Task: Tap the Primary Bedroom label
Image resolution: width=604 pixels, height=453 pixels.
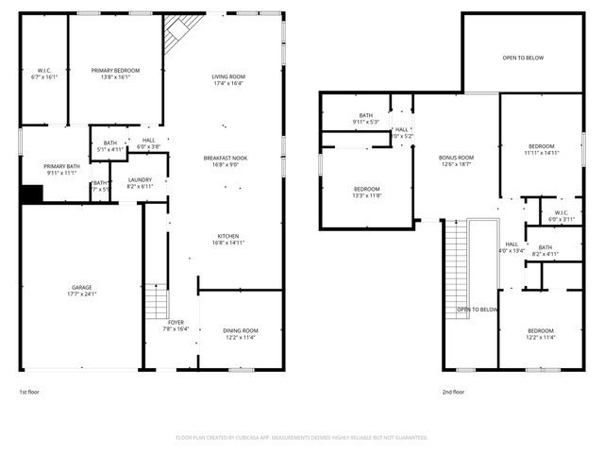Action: click(x=115, y=75)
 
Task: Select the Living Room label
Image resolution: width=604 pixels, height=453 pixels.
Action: click(x=227, y=80)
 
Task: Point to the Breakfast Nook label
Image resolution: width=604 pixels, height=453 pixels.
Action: click(x=226, y=161)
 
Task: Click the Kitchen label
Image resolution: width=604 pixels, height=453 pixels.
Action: click(x=227, y=239)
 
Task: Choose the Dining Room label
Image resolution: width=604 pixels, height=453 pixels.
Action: click(x=241, y=333)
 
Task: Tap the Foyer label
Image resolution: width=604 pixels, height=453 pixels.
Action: click(x=176, y=326)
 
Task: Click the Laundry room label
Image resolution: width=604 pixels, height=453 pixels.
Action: click(x=140, y=182)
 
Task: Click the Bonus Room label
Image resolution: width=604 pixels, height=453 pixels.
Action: click(x=456, y=160)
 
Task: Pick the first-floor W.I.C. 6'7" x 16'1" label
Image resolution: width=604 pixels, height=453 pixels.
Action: click(x=44, y=75)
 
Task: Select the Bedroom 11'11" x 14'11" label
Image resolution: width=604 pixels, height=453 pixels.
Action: click(x=542, y=149)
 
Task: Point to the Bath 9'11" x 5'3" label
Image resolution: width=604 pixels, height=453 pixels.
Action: click(x=365, y=118)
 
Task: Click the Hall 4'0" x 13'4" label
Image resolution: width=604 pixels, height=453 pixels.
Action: click(x=511, y=247)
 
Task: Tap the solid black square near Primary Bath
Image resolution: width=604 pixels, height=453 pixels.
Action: click(x=32, y=193)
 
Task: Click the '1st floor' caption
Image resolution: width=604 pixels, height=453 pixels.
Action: click(x=29, y=392)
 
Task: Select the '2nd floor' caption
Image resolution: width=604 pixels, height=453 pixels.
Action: click(x=453, y=392)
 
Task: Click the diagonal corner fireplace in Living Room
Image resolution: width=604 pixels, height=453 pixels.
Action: click(x=176, y=36)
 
